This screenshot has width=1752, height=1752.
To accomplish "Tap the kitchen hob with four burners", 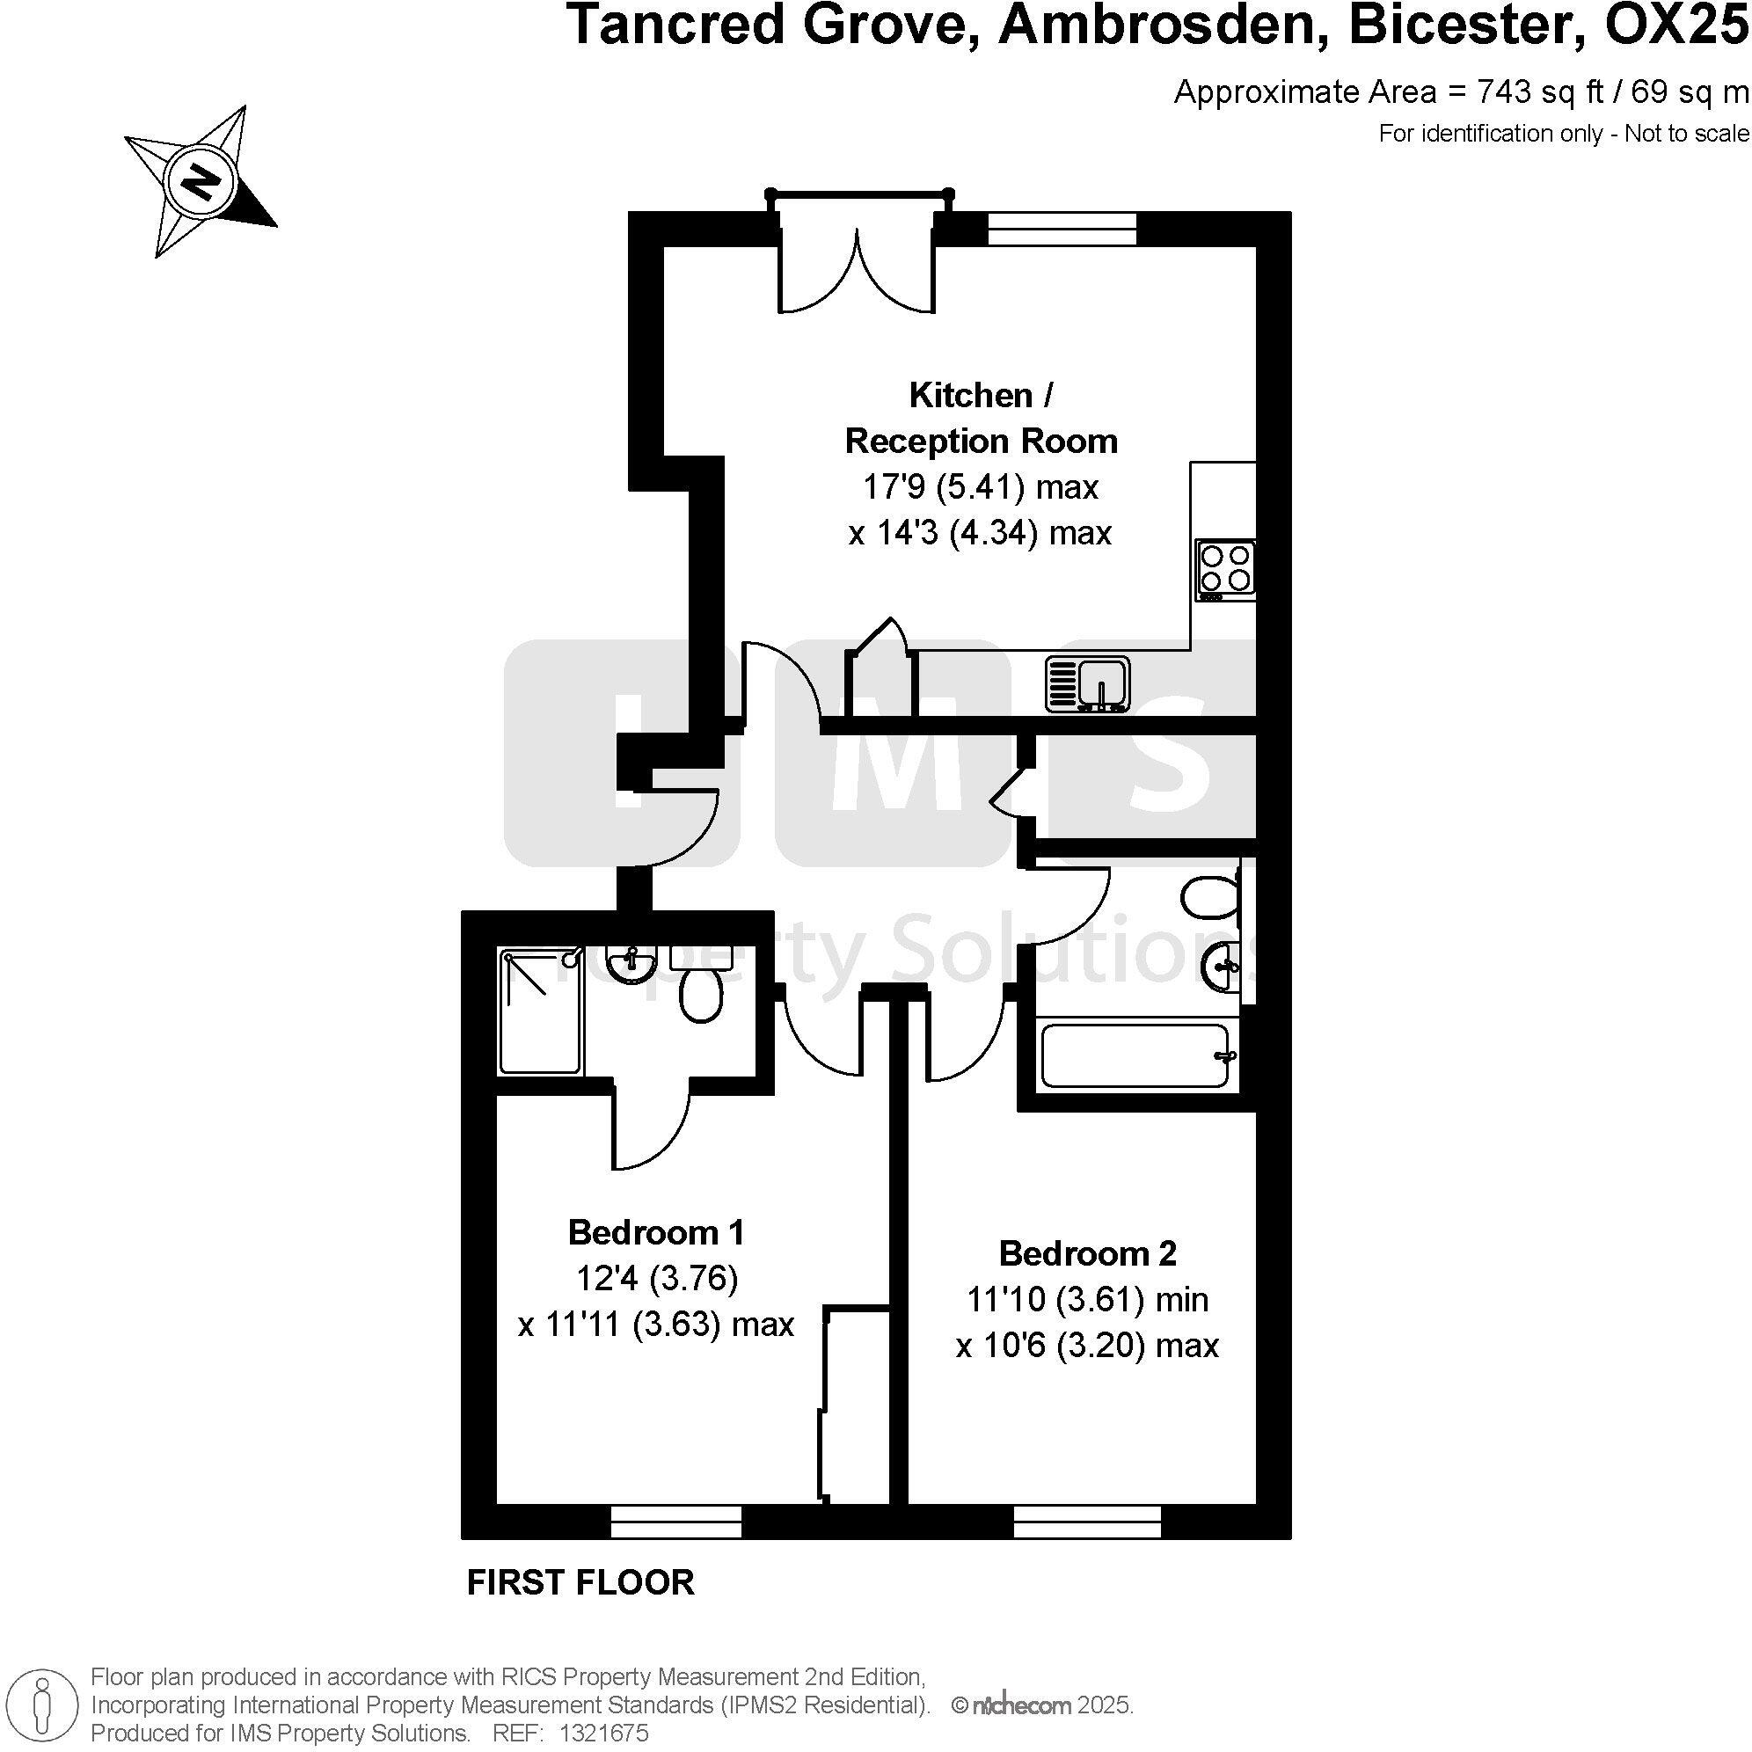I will [1226, 567].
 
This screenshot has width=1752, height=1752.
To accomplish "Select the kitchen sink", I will [1088, 683].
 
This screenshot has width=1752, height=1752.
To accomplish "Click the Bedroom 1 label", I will [655, 1232].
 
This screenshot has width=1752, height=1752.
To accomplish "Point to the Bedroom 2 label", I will [1087, 1253].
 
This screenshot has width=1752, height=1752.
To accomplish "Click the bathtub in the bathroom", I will [1135, 1055].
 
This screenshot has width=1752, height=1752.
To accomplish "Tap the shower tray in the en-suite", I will [538, 1011].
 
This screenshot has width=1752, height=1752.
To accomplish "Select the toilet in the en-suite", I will [700, 993].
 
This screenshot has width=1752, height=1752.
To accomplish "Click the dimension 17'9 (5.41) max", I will [980, 487].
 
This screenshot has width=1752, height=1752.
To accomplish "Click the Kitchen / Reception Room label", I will [981, 418].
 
